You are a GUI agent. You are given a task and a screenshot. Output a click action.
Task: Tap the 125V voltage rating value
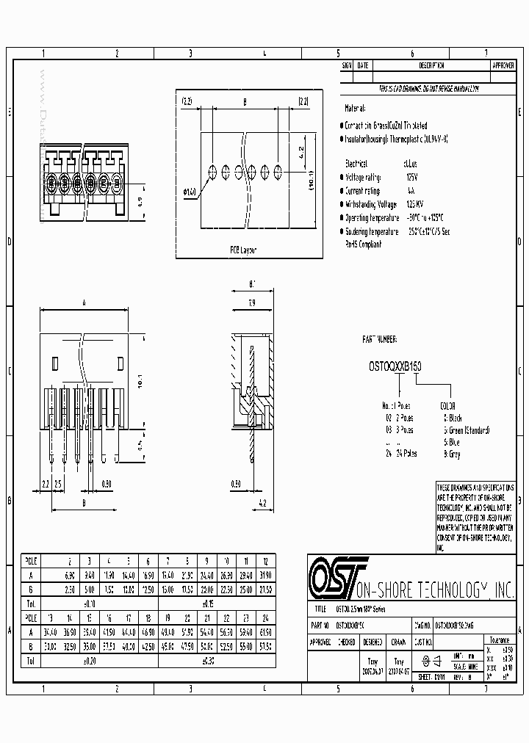412,177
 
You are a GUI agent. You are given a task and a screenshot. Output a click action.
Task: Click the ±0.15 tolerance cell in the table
208,601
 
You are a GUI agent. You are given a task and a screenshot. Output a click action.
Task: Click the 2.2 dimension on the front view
45,484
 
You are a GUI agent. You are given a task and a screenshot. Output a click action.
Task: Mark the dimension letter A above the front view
84,302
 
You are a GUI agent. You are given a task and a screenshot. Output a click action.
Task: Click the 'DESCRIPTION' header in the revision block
431,65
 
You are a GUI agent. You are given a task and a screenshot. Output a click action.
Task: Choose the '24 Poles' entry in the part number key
401,454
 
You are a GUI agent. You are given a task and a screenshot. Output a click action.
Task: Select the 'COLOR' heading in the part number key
447,405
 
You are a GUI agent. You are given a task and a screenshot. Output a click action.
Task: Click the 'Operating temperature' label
375,218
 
